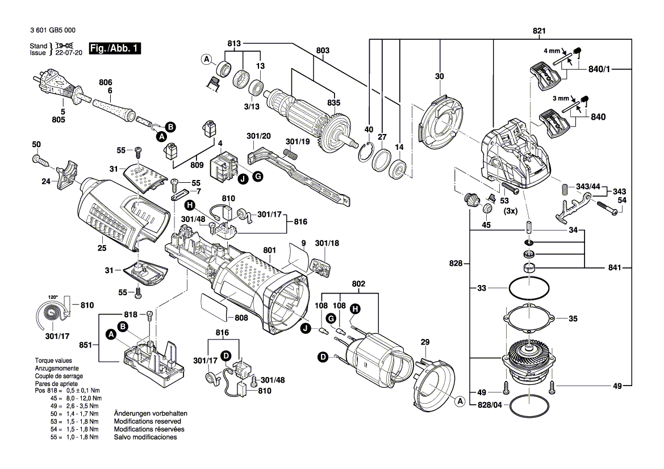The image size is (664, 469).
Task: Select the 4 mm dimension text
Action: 552,51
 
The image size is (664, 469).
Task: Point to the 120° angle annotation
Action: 53,297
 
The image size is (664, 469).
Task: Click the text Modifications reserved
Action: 147,422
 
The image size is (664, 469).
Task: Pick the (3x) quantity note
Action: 511,211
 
